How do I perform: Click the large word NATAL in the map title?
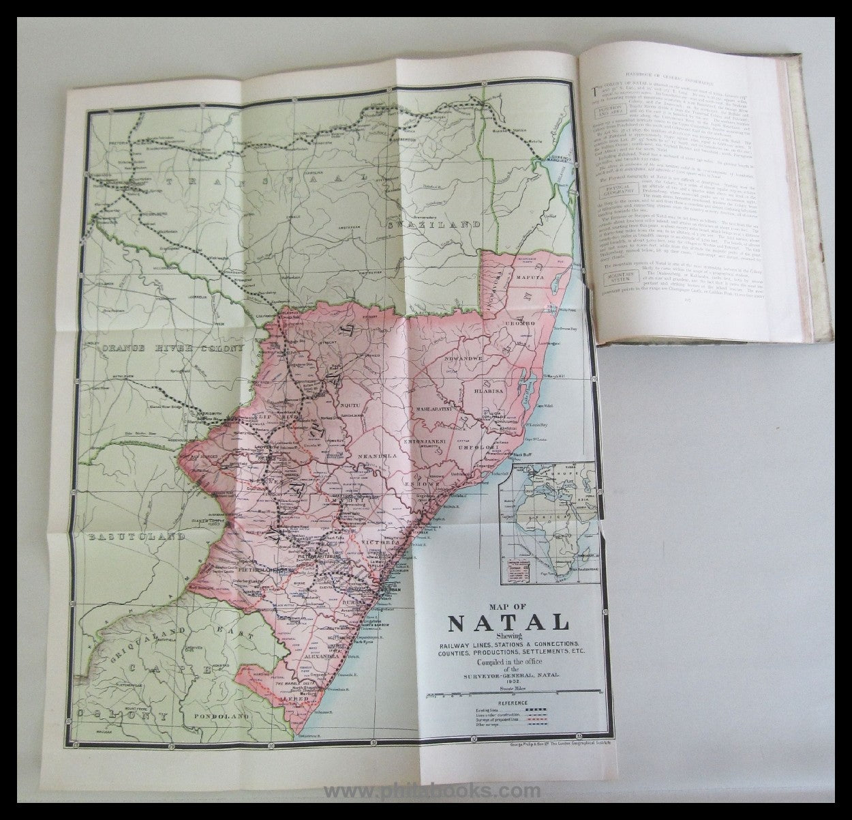[x=508, y=624]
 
